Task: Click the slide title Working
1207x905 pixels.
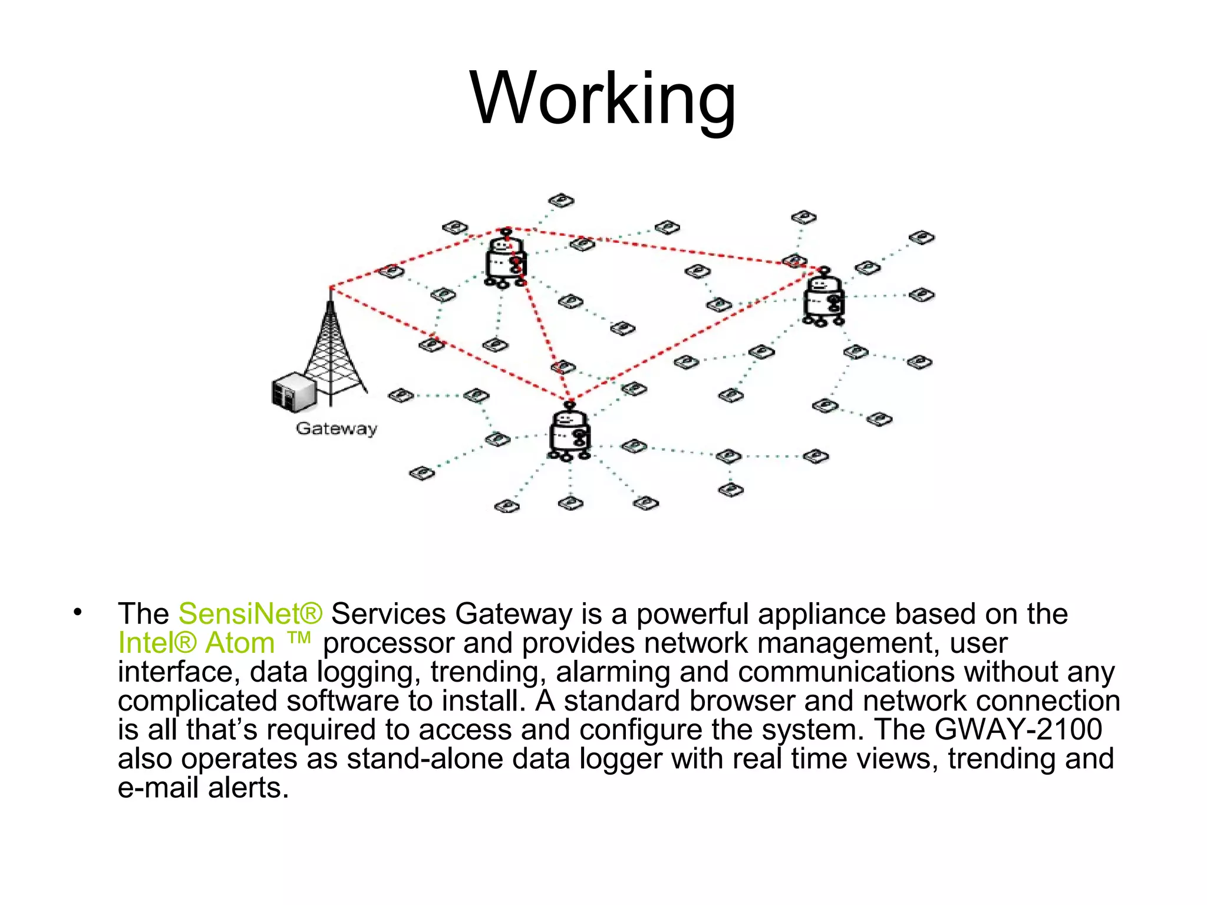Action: pyautogui.click(x=603, y=99)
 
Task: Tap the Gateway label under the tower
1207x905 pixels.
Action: pyautogui.click(x=336, y=428)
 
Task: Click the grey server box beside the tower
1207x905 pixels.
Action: pyautogui.click(x=293, y=391)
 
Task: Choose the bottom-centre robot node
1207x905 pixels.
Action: pyautogui.click(x=569, y=432)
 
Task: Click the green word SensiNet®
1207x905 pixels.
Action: pyautogui.click(x=250, y=614)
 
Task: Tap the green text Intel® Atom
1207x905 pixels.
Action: pyautogui.click(x=196, y=643)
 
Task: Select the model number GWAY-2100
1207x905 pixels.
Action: pyautogui.click(x=1018, y=729)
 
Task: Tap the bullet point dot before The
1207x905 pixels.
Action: pyautogui.click(x=77, y=612)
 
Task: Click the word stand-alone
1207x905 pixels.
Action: pyautogui.click(x=425, y=758)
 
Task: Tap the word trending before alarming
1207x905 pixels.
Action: pyautogui.click(x=485, y=672)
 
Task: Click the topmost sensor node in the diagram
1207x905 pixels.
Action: pyautogui.click(x=561, y=201)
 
